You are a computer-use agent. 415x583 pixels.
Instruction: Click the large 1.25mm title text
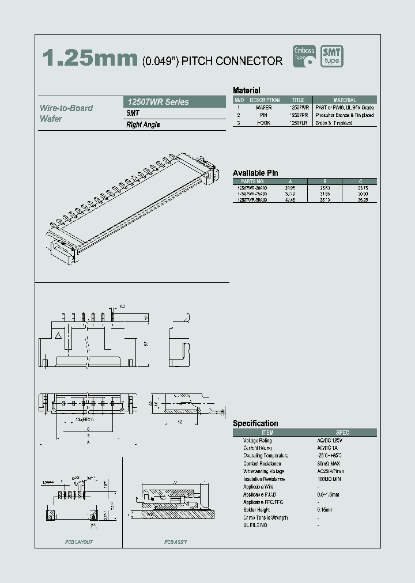coord(89,59)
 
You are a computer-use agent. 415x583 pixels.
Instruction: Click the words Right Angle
coord(143,125)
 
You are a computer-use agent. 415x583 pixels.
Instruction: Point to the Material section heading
coord(246,90)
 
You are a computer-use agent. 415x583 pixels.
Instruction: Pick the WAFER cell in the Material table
coord(263,108)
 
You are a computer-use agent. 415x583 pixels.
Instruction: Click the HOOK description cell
coord(263,123)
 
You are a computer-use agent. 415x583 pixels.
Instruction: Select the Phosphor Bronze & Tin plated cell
coord(345,115)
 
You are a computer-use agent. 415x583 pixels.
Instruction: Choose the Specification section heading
coord(255,423)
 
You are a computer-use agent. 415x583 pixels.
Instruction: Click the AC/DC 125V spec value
coord(329,441)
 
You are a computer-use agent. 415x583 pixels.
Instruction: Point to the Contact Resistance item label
coord(262,464)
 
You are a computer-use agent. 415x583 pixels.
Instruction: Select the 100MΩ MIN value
coord(329,479)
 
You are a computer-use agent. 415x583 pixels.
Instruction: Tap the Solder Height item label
coord(258,510)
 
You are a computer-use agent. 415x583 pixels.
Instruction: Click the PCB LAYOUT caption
coord(78,542)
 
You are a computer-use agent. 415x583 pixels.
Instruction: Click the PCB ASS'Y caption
coord(175,542)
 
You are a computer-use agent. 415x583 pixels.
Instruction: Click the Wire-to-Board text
coord(66,108)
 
